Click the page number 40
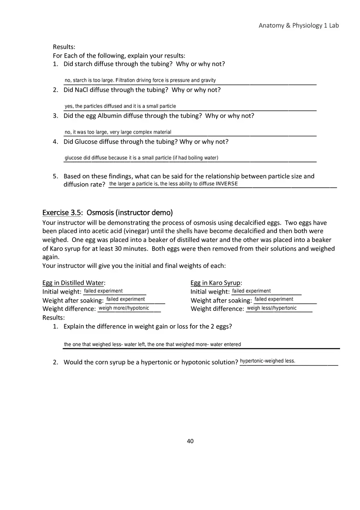point(190,441)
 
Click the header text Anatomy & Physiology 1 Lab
point(299,25)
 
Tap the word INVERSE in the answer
point(227,184)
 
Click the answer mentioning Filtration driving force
point(140,81)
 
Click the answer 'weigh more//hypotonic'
point(124,308)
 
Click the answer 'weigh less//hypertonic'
point(272,308)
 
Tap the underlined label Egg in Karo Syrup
point(216,283)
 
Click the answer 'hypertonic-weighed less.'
point(268,361)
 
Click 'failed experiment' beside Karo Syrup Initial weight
point(251,291)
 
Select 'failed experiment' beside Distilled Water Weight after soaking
point(126,299)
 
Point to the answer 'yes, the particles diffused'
point(120,106)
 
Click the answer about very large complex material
point(118,132)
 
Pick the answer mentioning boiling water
point(141,158)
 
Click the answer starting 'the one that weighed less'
point(153,344)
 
